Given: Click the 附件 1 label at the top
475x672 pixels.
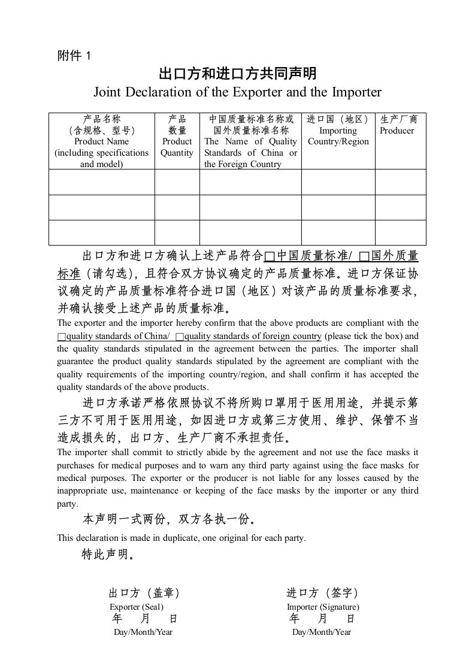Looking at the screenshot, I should pos(74,56).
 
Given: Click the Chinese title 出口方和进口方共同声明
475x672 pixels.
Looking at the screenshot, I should pos(237,74).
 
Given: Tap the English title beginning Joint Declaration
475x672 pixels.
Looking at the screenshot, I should pos(237,92).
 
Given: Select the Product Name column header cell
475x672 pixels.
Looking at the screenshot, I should pos(101,141).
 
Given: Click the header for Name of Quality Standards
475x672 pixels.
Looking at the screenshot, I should pos(250,141).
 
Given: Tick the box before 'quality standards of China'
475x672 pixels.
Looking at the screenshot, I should pos(61,337).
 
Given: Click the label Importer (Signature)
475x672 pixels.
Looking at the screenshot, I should pos(323,607).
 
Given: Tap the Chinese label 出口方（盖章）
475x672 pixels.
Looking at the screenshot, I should pos(144,593).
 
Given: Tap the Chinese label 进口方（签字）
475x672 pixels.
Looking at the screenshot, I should pos(322,593).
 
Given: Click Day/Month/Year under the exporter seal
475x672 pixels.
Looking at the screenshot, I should pos(143,632).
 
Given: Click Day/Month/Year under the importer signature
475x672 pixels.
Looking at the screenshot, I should pos(322,632).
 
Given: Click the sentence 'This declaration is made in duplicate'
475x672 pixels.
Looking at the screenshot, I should pos(181,538).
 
